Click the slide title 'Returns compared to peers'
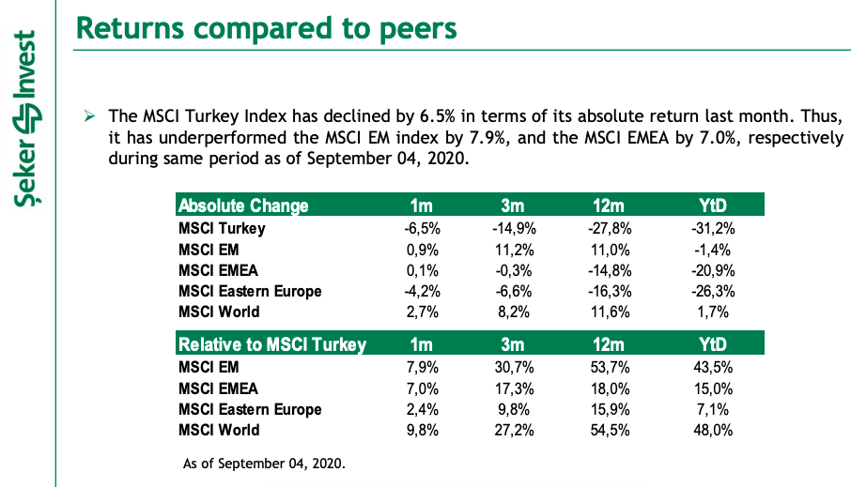[266, 27]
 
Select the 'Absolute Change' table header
[243, 205]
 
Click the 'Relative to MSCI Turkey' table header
[271, 344]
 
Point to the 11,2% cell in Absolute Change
[513, 250]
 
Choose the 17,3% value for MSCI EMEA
[513, 388]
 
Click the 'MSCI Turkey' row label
[222, 228]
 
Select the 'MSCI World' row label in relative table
[219, 430]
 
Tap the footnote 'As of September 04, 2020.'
[264, 463]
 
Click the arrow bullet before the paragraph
[89, 117]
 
